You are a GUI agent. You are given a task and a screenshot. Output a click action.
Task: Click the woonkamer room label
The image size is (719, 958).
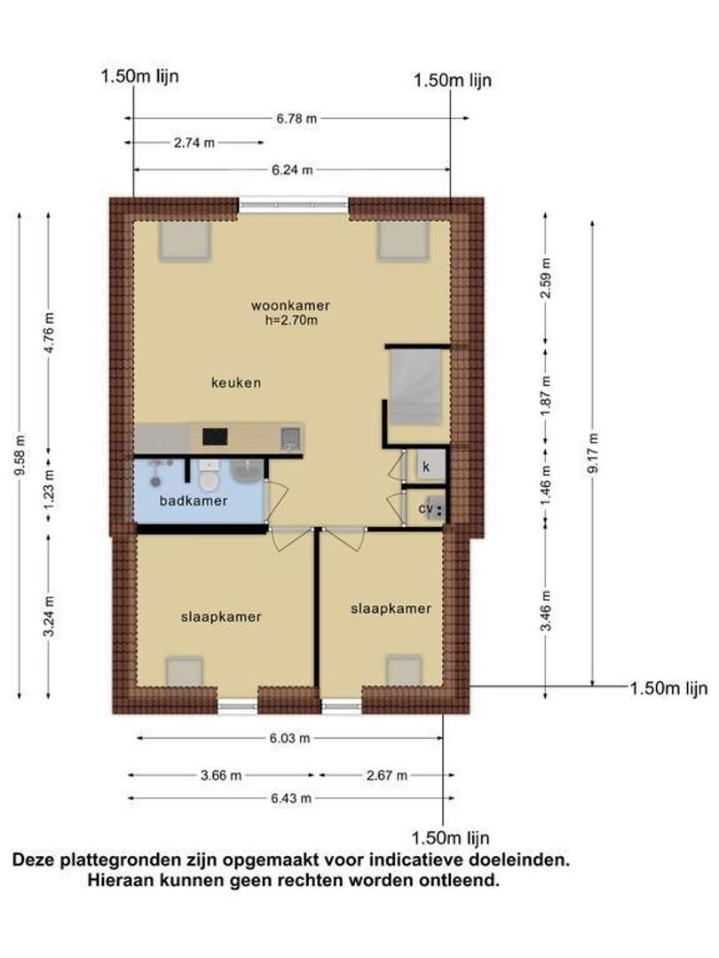coord(290,305)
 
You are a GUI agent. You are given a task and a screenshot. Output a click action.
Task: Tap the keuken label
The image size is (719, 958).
coord(236,383)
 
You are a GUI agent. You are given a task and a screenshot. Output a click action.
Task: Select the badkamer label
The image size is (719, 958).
coord(194,501)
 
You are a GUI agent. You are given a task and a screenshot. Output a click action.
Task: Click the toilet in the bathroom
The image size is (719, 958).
coord(209,475)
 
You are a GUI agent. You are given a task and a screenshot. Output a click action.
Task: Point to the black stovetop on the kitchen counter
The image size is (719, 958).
coord(215,436)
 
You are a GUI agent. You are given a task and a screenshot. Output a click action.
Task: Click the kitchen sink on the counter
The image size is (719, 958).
coord(290,437)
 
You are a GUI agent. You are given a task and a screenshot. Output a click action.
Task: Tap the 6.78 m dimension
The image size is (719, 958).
coord(296,119)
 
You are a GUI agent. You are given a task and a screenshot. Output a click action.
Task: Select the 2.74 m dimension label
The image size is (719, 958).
coord(194,143)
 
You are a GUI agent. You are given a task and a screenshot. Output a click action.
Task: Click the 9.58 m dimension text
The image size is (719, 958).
coord(20,455)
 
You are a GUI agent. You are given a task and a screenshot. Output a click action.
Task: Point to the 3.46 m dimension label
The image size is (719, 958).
coord(547,610)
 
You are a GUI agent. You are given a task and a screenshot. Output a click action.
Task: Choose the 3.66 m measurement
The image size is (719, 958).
coord(221,775)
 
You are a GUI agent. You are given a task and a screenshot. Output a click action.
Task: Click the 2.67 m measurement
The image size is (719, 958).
coord(387,775)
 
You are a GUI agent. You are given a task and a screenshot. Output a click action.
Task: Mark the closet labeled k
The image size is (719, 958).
coord(426,467)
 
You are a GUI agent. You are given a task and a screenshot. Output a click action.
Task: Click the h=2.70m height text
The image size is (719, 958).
coord(291,319)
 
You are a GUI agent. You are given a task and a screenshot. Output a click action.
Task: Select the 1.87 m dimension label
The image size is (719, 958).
coord(547,396)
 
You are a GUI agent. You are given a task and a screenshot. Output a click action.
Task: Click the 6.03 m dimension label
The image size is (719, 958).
coord(289,738)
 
